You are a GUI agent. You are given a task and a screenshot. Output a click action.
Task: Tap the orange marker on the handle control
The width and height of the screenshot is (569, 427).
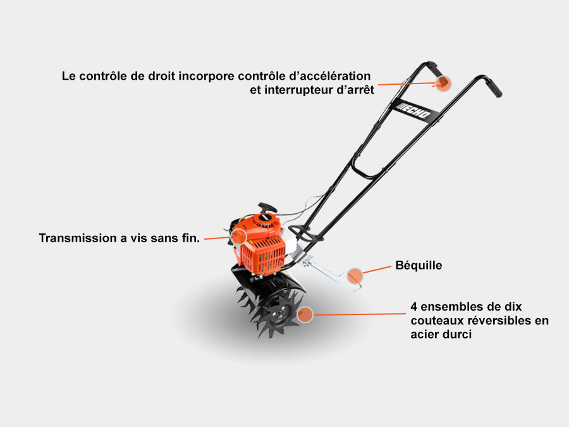click(443, 84)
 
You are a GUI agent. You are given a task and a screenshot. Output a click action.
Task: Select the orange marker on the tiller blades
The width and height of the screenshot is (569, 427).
click(305, 314)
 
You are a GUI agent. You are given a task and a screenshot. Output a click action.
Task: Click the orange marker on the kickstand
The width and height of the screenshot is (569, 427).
click(355, 276)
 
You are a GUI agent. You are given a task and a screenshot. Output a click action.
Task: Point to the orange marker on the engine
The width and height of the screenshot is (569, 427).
click(239, 237)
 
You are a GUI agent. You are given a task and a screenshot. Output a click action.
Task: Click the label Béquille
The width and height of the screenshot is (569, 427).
click(419, 266)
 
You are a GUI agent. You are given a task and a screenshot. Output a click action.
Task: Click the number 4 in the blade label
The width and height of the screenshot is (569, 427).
click(413, 307)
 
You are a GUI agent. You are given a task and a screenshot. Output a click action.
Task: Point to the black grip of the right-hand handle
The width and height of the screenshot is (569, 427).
click(494, 88)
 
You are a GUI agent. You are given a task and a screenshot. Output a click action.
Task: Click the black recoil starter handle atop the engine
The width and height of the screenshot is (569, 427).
click(267, 207)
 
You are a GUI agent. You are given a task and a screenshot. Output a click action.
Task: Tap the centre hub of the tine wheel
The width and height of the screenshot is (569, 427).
click(281, 313)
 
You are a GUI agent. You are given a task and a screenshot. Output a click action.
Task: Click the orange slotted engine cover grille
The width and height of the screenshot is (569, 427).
click(264, 256)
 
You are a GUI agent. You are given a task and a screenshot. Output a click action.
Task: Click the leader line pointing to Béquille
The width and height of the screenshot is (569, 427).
click(377, 269)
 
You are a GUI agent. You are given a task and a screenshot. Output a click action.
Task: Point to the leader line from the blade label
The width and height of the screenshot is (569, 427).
click(359, 314)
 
